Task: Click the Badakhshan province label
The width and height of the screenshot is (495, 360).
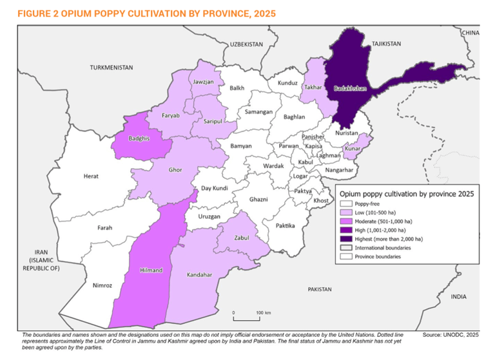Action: (350, 88)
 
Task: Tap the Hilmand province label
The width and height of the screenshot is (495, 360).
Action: (151, 270)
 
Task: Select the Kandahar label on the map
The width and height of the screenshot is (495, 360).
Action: (199, 275)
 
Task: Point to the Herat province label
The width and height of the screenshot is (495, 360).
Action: (91, 176)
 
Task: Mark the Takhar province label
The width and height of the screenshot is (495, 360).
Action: (313, 86)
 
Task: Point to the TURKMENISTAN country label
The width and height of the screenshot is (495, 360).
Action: (112, 68)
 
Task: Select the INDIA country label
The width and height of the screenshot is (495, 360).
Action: (458, 297)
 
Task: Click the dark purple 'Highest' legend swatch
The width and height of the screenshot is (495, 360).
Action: (345, 238)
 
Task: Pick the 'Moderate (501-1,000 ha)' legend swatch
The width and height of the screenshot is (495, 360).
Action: (345, 221)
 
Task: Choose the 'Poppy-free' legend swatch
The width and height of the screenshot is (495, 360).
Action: (345, 204)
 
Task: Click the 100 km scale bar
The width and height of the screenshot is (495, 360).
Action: (246, 318)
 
